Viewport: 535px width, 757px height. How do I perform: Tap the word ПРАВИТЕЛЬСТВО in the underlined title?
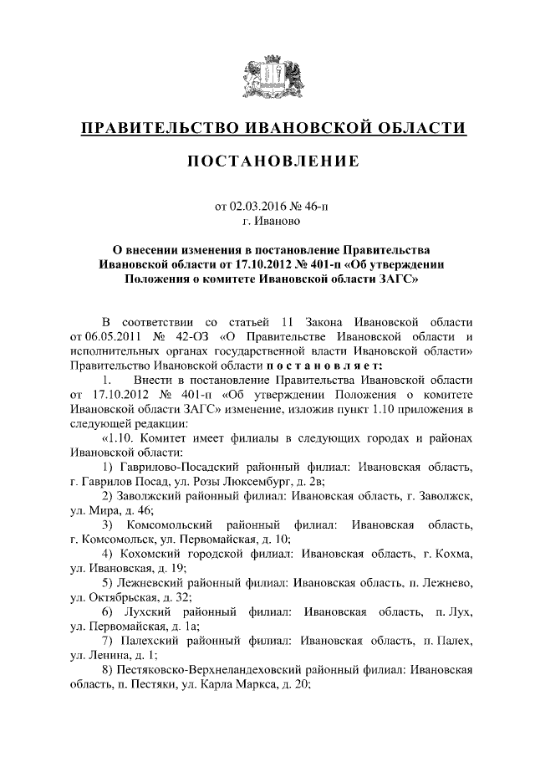point(155,127)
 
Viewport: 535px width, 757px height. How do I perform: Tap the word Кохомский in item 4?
point(151,555)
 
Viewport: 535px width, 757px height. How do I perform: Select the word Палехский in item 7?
point(153,642)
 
